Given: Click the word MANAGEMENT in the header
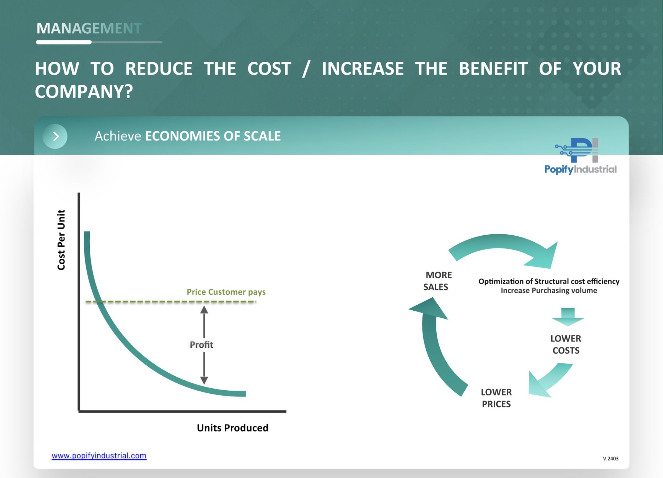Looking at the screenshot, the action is (x=89, y=28).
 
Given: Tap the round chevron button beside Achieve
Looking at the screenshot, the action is (x=55, y=136).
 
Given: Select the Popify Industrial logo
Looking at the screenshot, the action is (x=580, y=156).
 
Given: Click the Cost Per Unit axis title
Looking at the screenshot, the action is (x=61, y=240).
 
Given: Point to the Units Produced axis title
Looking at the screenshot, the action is (x=232, y=428).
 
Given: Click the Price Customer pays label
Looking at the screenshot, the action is (x=226, y=292).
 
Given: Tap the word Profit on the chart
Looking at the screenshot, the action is (x=201, y=345).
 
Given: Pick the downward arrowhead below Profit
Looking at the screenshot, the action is (x=204, y=380).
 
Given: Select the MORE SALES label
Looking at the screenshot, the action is (x=437, y=281).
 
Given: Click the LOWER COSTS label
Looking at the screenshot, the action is (x=566, y=344).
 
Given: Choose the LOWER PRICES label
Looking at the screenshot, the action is (x=496, y=398).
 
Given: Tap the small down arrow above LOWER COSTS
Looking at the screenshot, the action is (x=568, y=317).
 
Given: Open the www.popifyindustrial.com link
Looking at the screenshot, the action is (x=99, y=456).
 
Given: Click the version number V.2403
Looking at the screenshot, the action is (x=611, y=458).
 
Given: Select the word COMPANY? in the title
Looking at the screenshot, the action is (x=84, y=92).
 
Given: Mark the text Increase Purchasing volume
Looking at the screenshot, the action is (x=549, y=291).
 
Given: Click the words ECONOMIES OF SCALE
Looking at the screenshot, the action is (x=213, y=136).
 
